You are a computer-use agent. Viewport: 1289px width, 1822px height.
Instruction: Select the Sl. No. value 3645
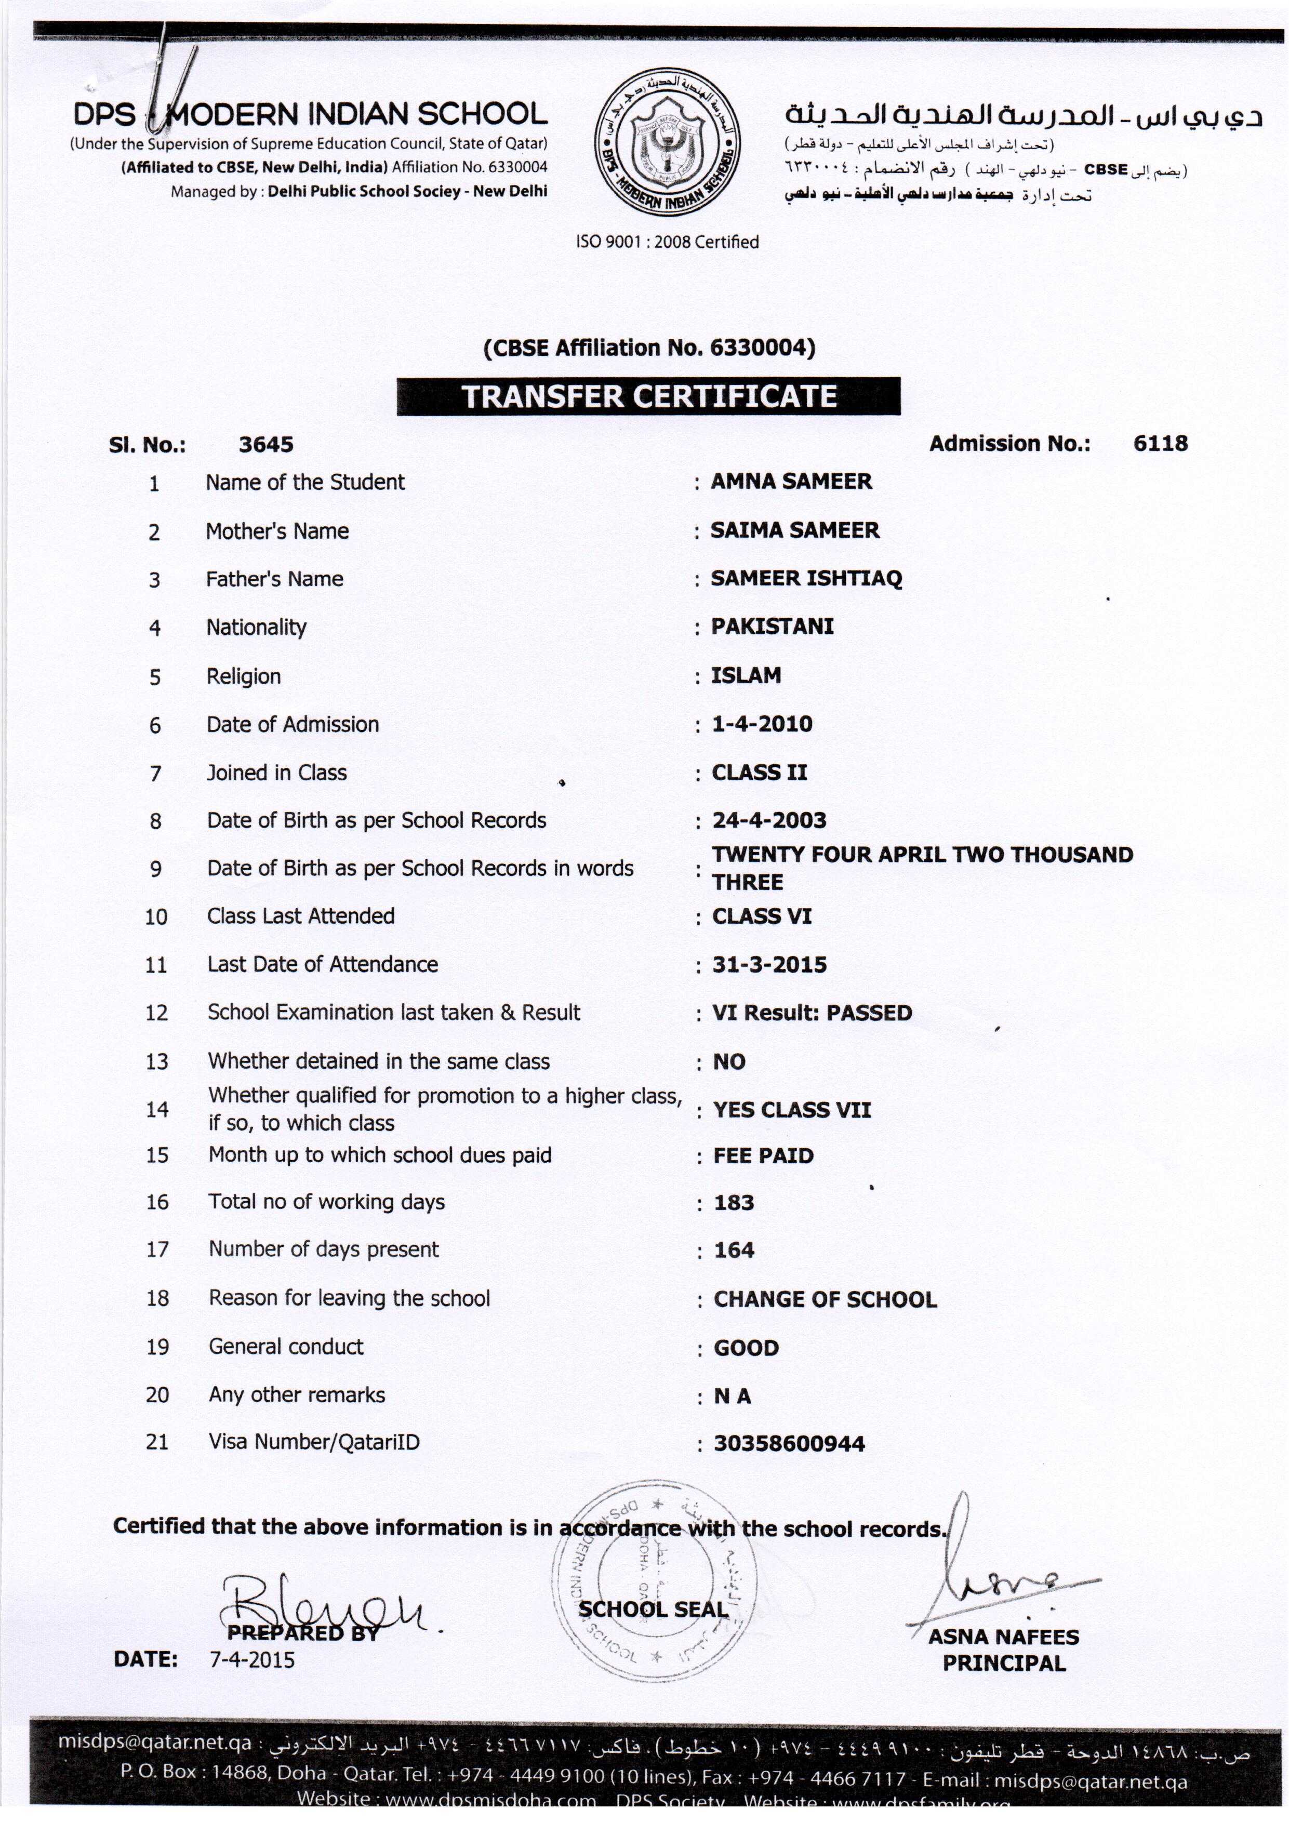pyautogui.click(x=266, y=444)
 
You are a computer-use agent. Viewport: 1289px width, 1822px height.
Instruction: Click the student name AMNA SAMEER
pyautogui.click(x=791, y=481)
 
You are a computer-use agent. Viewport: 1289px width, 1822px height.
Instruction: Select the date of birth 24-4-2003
pyautogui.click(x=769, y=820)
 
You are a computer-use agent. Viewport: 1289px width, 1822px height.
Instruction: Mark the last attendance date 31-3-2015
pyautogui.click(x=769, y=964)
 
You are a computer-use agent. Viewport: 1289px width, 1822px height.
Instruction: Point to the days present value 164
pyautogui.click(x=734, y=1250)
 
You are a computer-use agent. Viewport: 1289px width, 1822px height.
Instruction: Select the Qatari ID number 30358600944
pyautogui.click(x=789, y=1443)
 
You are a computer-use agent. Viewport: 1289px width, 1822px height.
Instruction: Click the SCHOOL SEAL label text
pyautogui.click(x=653, y=1610)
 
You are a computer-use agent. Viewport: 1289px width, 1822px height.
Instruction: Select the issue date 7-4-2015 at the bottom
pyautogui.click(x=251, y=1659)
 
